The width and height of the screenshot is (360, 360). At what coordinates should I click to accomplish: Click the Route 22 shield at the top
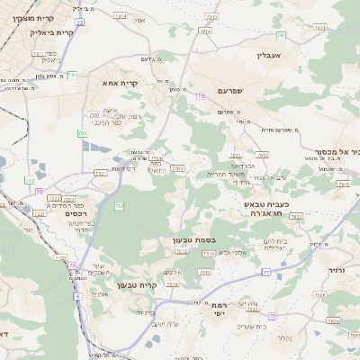click(x=79, y=21)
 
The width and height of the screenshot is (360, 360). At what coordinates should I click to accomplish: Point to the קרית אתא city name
click(x=119, y=83)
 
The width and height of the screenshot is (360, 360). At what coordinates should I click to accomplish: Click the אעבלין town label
click(x=269, y=56)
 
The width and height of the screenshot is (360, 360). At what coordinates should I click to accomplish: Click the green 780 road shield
click(x=83, y=133)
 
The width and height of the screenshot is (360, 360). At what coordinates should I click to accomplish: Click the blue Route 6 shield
click(x=78, y=295)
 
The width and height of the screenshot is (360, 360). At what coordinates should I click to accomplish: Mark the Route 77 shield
click(x=266, y=271)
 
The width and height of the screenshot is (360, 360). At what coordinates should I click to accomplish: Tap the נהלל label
click(x=284, y=337)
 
